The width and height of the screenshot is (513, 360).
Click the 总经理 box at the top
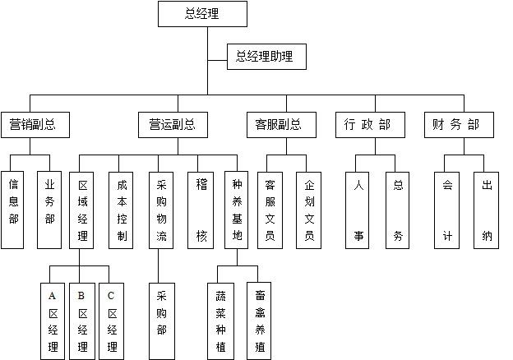pyautogui.click(x=201, y=13)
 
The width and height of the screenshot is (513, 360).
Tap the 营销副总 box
pyautogui.click(x=34, y=125)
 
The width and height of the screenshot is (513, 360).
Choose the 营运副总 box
pyautogui.click(x=173, y=125)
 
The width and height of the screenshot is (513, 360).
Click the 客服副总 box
pyautogui.click(x=274, y=125)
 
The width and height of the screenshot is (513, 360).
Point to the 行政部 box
pyautogui.click(x=363, y=125)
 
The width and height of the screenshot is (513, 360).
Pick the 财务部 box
pyautogui.click(x=456, y=125)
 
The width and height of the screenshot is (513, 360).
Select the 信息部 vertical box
pyautogui.click(x=13, y=210)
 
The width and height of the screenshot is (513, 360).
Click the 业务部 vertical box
pyautogui.click(x=50, y=210)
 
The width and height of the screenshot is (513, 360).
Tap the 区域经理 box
pyautogui.click(x=83, y=210)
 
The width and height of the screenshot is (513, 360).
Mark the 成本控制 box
pyautogui.click(x=122, y=210)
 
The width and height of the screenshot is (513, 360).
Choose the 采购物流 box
pyautogui.click(x=161, y=210)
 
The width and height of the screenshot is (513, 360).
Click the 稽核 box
pyautogui.click(x=201, y=210)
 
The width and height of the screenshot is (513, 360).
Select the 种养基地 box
pyautogui.click(x=237, y=210)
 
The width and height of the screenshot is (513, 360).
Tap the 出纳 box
pyautogui.click(x=487, y=210)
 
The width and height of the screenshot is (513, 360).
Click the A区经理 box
pyautogui.click(x=52, y=321)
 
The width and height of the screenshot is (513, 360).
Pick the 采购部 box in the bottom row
pyautogui.click(x=161, y=321)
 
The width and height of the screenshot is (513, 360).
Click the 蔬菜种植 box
pyautogui.click(x=220, y=321)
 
